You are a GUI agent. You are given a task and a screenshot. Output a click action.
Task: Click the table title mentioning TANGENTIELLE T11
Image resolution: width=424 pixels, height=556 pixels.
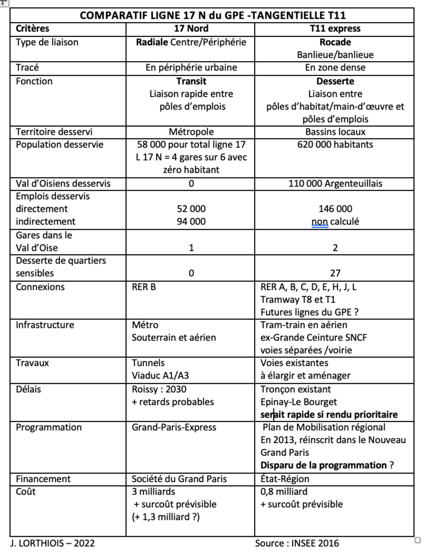tap(213, 15)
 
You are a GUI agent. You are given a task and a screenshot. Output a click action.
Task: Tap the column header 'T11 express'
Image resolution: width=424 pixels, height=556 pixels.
tap(335, 29)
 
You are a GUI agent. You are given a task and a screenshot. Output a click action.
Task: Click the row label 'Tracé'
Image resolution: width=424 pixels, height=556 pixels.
tap(27, 68)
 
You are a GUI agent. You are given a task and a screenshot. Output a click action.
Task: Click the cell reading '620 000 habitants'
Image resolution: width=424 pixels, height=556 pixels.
tap(335, 144)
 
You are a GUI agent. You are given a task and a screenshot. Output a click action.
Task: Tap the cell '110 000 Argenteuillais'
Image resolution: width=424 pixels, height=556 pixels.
tap(335, 183)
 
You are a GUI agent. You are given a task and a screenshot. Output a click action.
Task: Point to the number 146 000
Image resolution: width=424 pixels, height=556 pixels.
tap(335, 209)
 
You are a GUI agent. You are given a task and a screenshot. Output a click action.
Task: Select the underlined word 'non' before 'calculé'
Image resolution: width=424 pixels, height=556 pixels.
tap(320, 222)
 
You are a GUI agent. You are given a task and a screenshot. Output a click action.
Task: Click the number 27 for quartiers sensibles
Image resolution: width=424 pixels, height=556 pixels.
tap(335, 273)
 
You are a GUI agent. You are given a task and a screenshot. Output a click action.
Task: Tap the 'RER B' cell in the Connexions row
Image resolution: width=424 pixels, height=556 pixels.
tap(144, 287)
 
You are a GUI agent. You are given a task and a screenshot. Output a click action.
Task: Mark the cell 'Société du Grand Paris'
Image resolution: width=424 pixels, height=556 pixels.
tap(179, 479)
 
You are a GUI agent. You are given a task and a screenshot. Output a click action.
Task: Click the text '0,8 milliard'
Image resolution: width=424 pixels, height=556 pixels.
tap(284, 492)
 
